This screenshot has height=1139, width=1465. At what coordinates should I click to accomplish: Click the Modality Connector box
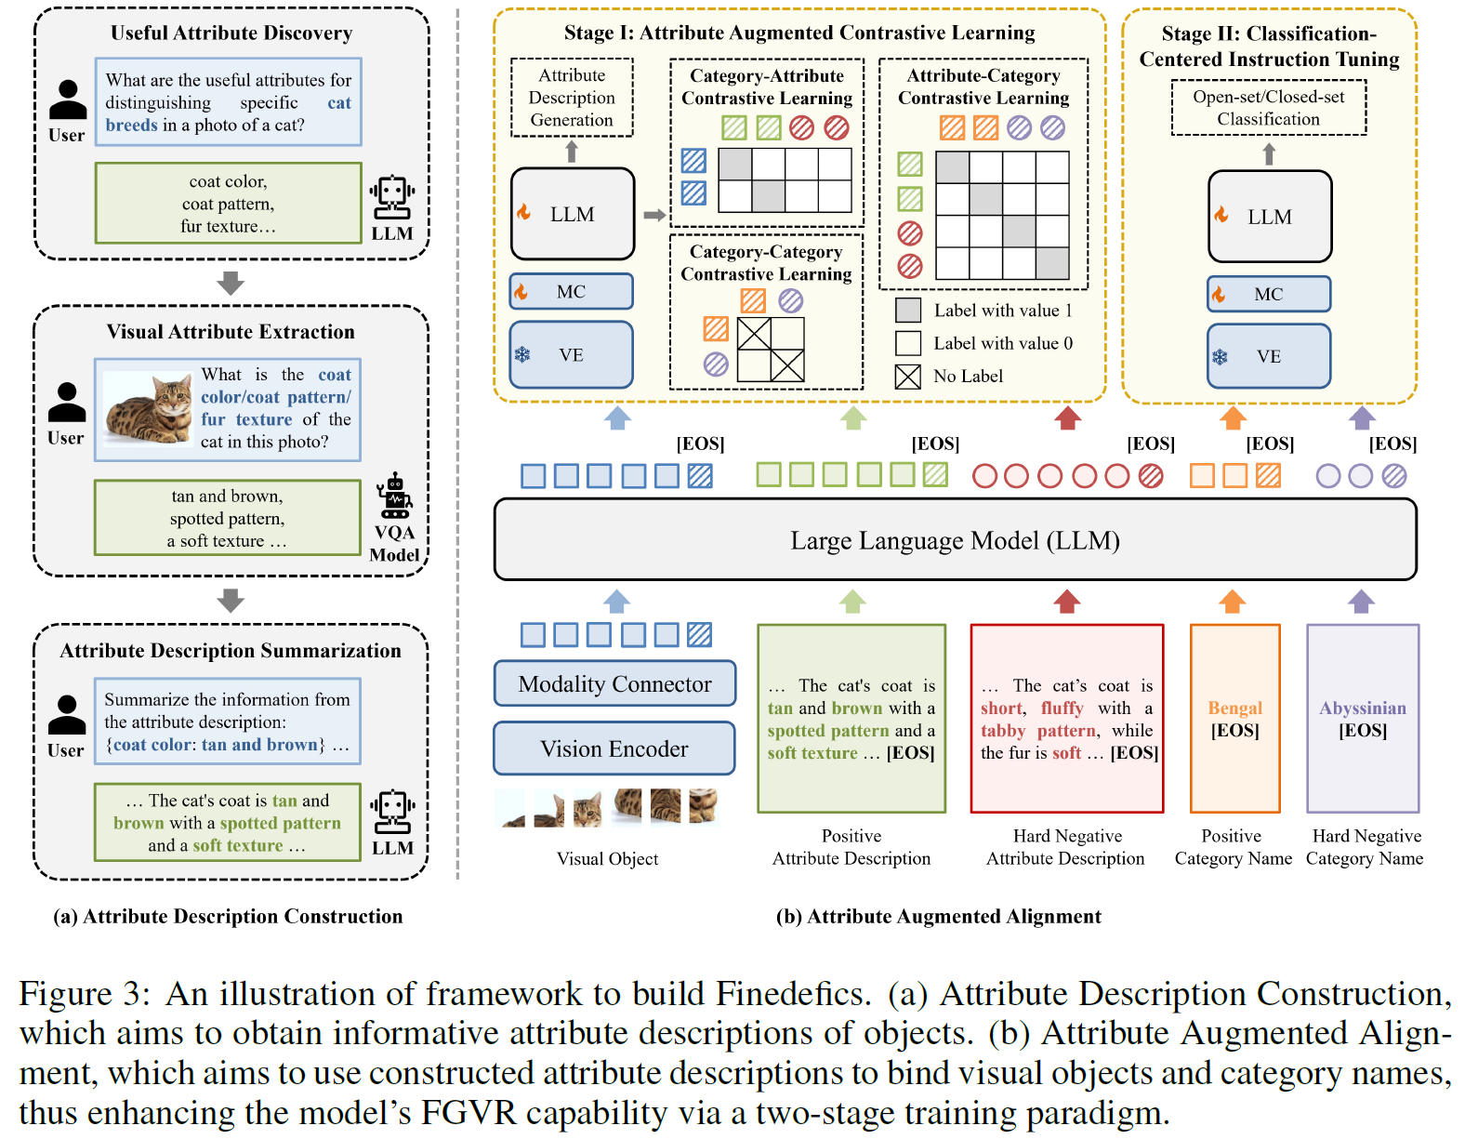coord(614,684)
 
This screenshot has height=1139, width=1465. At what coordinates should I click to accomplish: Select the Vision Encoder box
coord(614,749)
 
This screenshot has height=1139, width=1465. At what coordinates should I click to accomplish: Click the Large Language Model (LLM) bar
coord(955,540)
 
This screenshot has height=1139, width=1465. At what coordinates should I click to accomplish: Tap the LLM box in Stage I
coord(572,214)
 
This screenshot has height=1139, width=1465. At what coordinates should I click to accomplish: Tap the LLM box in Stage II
coord(1269,217)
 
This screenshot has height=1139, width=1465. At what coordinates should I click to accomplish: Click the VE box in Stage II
coord(1268,356)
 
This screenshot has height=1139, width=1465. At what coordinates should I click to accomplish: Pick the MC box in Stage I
coord(571,292)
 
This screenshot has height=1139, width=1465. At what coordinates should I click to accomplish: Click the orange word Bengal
coord(1234,709)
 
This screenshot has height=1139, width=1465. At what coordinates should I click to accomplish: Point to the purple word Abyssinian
coord(1362,709)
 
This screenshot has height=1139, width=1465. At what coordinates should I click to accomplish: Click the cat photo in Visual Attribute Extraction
coord(149,409)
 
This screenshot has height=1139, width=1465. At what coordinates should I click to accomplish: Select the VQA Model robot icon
coord(395,497)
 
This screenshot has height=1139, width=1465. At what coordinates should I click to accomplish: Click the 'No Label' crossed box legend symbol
coord(907,377)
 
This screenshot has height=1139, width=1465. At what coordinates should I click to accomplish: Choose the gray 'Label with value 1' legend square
coord(907,311)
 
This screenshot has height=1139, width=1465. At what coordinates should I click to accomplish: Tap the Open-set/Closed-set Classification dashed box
coord(1268,108)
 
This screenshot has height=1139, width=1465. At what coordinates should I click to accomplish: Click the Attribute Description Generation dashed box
coord(572,98)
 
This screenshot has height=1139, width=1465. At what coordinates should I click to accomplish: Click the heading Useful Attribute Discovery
coord(231,33)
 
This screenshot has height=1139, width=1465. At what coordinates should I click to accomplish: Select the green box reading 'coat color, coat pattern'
coord(228,204)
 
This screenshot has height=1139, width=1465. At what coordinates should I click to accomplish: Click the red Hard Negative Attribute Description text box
coord(1066,719)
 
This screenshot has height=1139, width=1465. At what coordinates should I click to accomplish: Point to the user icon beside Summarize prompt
coord(66,717)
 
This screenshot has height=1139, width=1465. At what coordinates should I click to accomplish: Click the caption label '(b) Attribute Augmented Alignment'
coord(938,917)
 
